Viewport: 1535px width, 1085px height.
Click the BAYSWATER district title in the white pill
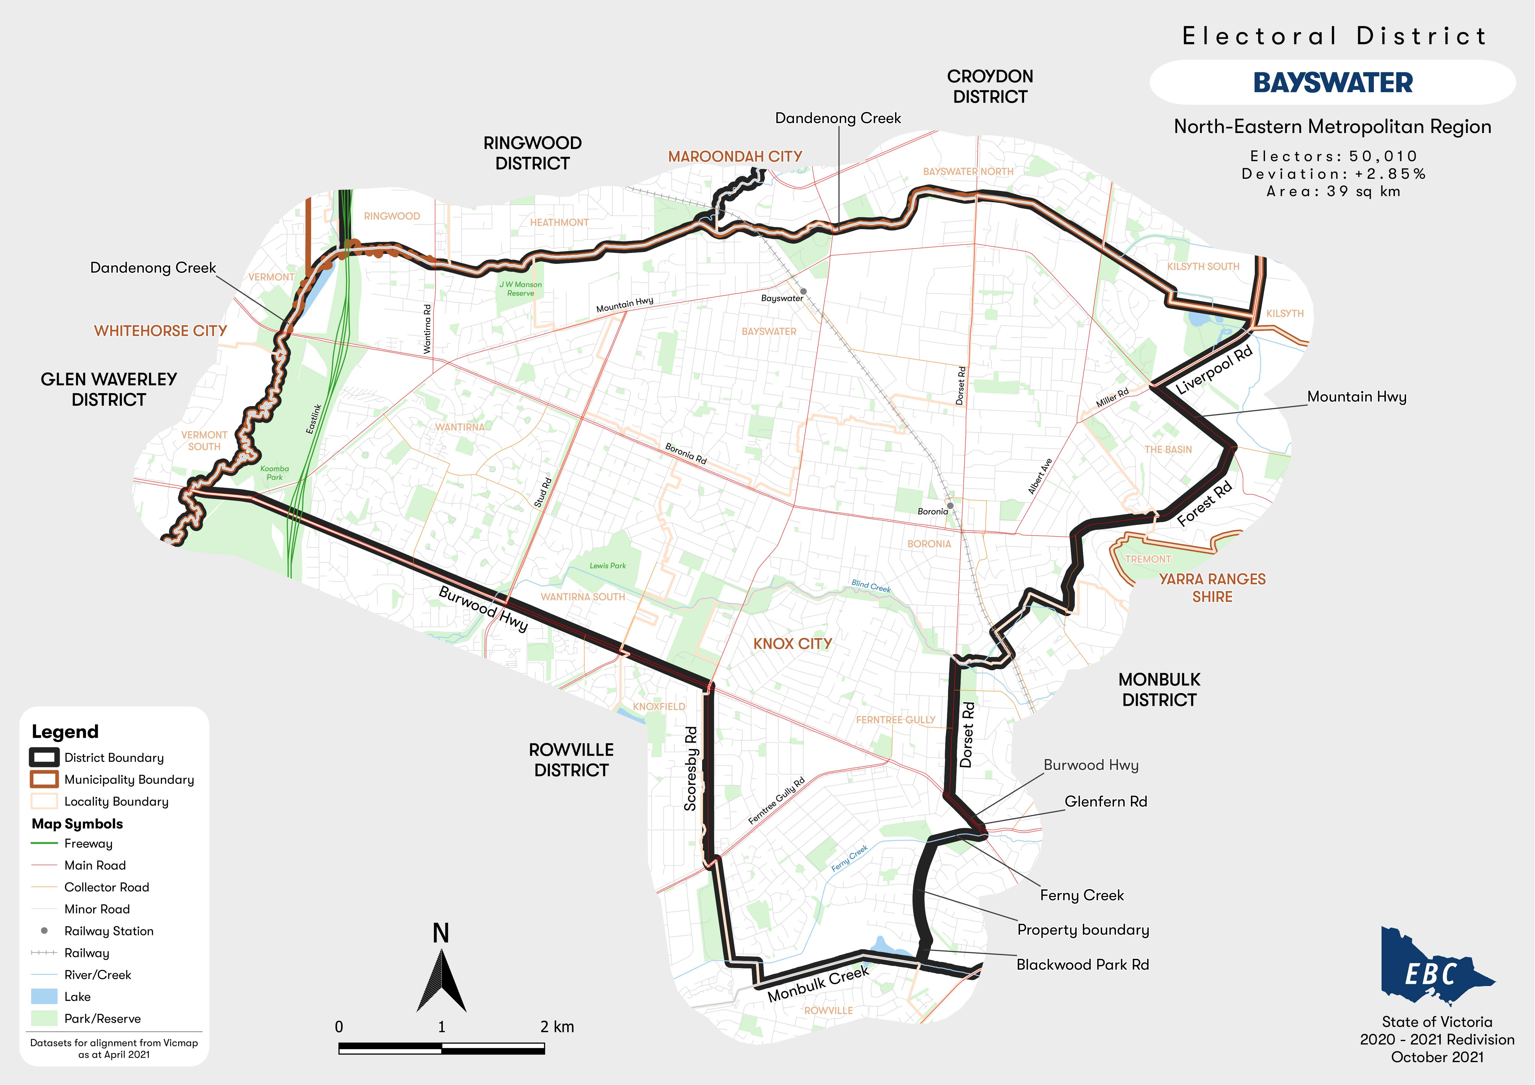coord(1332,83)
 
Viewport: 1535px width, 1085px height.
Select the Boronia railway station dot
coord(949,505)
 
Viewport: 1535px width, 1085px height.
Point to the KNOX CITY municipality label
coord(792,644)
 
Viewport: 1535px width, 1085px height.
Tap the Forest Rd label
coord(1204,504)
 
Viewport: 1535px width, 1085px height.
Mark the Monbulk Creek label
coord(818,983)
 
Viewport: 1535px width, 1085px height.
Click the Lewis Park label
coord(608,566)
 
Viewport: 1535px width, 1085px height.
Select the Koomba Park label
coord(275,473)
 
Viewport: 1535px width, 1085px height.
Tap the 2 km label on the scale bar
coord(557,1027)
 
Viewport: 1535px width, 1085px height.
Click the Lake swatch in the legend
coord(44,997)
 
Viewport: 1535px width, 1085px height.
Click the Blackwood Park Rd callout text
coord(1083,965)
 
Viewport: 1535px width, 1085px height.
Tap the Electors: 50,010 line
coord(1333,157)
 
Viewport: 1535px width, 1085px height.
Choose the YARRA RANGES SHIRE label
coord(1212,588)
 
